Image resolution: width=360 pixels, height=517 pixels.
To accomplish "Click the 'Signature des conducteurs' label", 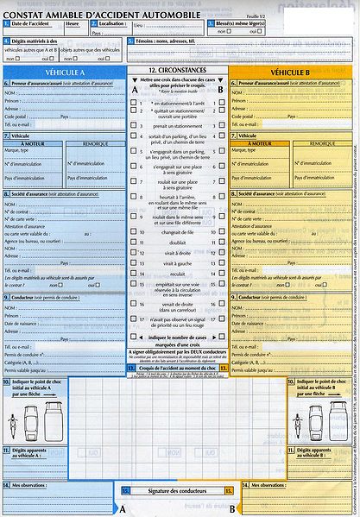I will pyautogui.click(x=178, y=490).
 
